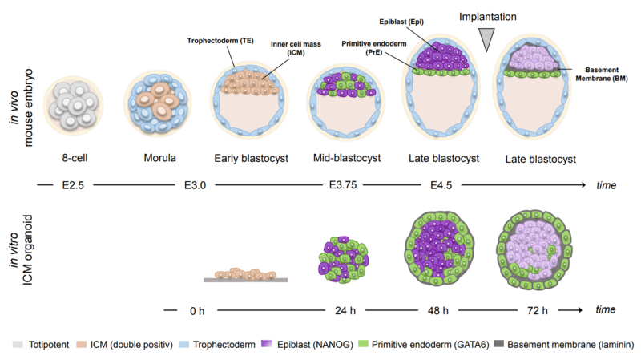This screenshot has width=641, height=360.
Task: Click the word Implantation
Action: click(488, 16)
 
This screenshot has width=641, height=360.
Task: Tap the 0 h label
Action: click(196, 309)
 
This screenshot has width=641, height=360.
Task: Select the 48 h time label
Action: click(438, 309)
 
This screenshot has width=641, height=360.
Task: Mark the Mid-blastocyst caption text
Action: click(347, 158)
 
